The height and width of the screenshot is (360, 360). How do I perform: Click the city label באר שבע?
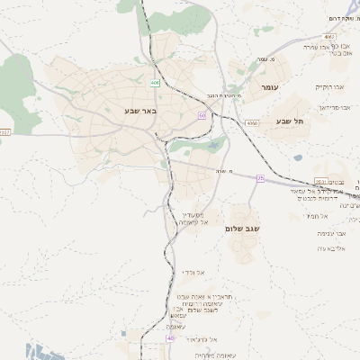click(x=140, y=111)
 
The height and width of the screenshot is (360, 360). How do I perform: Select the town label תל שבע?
click(x=291, y=120)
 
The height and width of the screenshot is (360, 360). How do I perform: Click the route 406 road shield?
click(x=155, y=82)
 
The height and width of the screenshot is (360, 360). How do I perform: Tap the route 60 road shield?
click(x=202, y=115)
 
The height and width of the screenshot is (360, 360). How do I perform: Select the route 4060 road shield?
click(x=251, y=121)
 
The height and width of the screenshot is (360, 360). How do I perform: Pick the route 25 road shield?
click(x=261, y=177)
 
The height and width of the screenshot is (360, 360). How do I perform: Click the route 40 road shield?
click(x=170, y=338)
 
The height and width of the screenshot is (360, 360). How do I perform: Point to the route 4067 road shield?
click(x=304, y=37)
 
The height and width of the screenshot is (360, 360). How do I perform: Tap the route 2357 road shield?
click(x=4, y=131)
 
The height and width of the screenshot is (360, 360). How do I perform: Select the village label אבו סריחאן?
click(x=332, y=106)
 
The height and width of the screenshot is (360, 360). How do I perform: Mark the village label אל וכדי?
click(x=194, y=272)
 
